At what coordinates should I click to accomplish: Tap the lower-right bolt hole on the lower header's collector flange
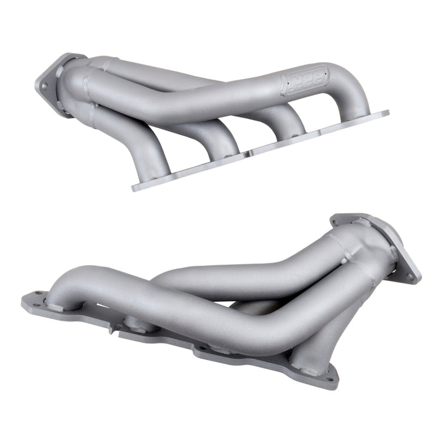tap(410, 276)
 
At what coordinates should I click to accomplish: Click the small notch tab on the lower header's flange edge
tap(113, 329)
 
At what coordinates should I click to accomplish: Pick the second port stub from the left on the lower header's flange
tap(136, 323)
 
